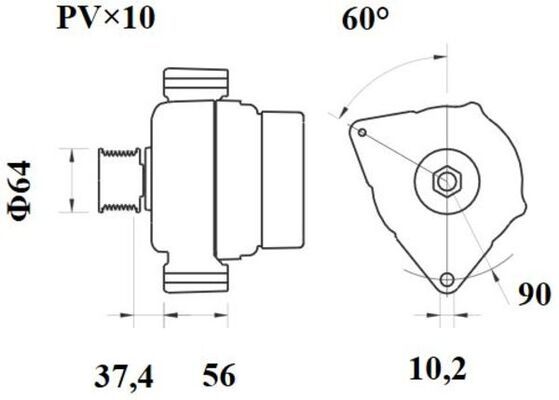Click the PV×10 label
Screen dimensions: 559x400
(x=106, y=19)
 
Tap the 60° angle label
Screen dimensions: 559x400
(x=365, y=19)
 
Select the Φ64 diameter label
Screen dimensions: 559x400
(x=19, y=191)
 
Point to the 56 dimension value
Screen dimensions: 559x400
(x=219, y=375)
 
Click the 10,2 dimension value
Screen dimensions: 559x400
(x=438, y=370)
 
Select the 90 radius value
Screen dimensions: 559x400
(x=534, y=294)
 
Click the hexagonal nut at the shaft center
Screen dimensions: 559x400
(x=447, y=181)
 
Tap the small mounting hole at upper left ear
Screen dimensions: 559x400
(x=362, y=133)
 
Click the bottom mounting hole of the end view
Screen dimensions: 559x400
(x=447, y=279)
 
